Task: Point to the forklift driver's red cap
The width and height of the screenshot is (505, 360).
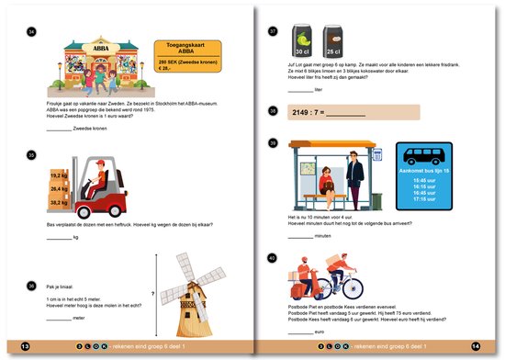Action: pyautogui.click(x=93, y=163)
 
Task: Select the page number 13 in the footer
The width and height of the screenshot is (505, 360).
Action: pyautogui.click(x=26, y=346)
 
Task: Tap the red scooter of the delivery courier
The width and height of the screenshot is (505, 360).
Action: pyautogui.click(x=307, y=292)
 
